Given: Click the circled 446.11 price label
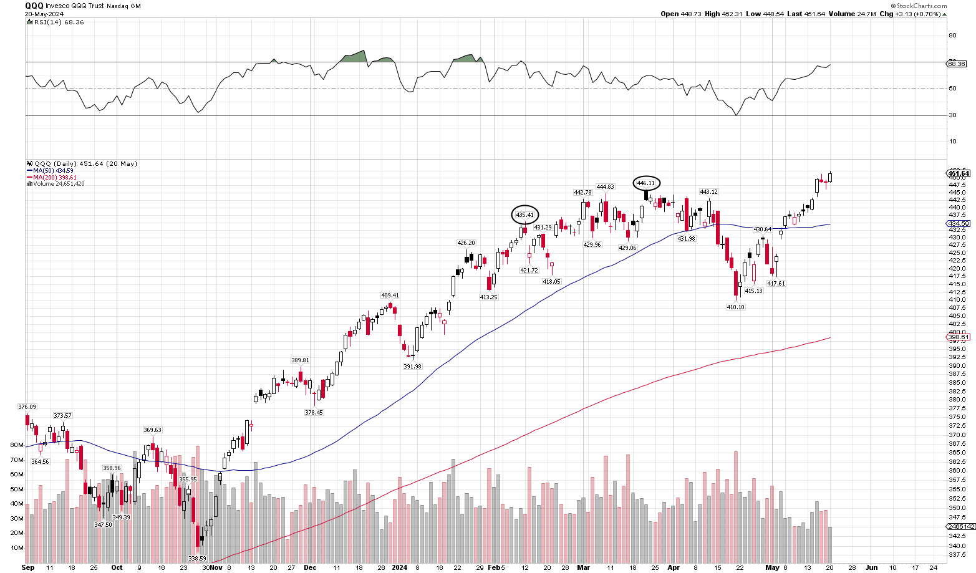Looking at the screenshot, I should (x=646, y=183).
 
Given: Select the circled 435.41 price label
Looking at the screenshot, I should (x=525, y=215).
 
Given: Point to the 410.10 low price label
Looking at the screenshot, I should (x=736, y=307).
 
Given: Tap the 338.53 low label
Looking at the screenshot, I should (x=197, y=559).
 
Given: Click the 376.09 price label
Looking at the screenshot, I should (x=27, y=407).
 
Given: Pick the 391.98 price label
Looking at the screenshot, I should (x=412, y=367).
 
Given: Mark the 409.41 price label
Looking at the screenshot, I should (x=390, y=296).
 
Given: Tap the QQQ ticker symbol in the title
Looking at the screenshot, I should (x=34, y=6).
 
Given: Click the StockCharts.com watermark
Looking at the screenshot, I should (x=922, y=6).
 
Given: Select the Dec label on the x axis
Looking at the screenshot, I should (x=310, y=568).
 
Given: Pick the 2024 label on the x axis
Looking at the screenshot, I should (x=399, y=568).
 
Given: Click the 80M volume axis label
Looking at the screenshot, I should (x=17, y=445).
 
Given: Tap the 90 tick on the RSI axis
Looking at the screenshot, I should (x=952, y=36).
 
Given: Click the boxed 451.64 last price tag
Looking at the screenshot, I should (x=958, y=173).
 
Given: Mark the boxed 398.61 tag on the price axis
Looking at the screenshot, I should (x=958, y=337).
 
